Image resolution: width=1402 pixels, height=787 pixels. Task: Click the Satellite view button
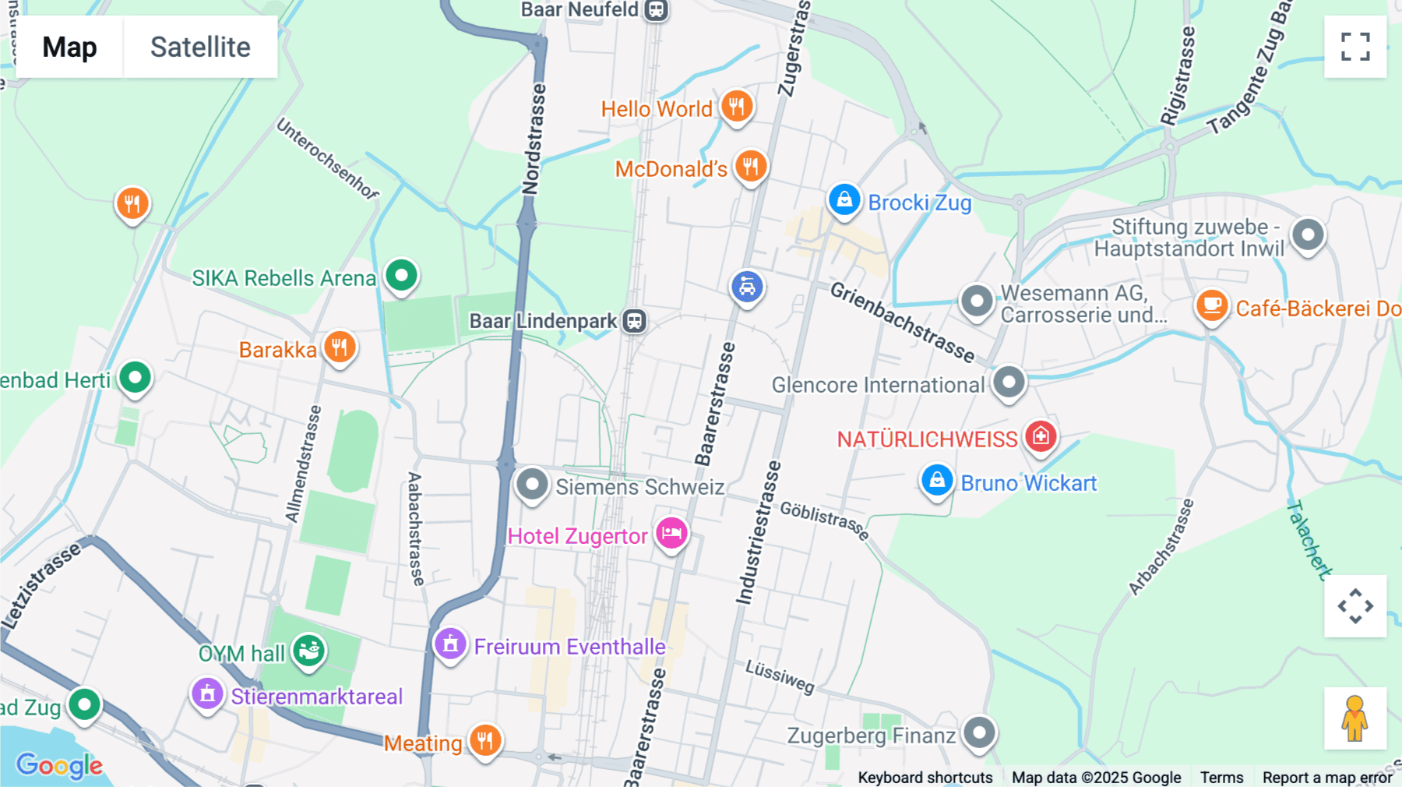tap(200, 47)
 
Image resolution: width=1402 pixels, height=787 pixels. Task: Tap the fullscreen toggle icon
tap(1354, 47)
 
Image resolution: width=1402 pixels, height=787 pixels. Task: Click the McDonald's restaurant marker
tap(750, 166)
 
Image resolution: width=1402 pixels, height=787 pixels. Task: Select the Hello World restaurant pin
tap(736, 105)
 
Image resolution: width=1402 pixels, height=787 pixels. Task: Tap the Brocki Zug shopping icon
tap(844, 200)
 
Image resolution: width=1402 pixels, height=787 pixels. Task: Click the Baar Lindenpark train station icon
tap(635, 320)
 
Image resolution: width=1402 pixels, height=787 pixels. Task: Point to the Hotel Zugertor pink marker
tap(671, 534)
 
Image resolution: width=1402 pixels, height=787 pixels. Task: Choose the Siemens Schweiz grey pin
tap(532, 484)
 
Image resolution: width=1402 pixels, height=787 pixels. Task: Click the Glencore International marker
tap(1009, 382)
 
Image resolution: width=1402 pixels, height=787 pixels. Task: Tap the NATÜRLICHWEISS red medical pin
tap(1041, 436)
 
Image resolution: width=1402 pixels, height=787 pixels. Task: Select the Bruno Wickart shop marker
tap(936, 481)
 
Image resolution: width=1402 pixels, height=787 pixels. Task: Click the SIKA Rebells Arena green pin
tap(401, 275)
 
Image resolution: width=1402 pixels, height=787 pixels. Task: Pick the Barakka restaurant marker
tap(340, 347)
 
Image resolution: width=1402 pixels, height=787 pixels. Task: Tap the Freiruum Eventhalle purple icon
tap(450, 644)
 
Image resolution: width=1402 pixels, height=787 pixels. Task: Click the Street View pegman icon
tap(1354, 718)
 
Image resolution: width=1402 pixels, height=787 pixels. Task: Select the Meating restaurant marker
tap(484, 739)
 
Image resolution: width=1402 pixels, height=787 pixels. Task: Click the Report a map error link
tap(1327, 777)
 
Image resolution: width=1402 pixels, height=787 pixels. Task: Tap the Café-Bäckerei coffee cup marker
tap(1211, 305)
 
